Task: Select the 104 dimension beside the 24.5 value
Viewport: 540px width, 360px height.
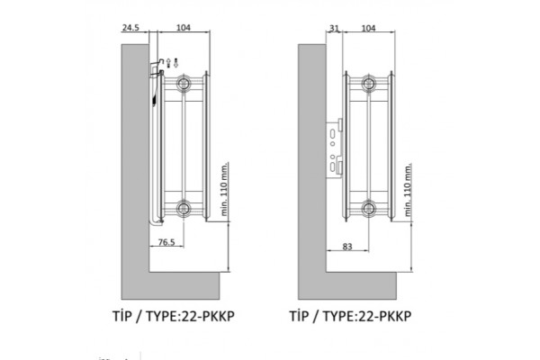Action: pyautogui.click(x=183, y=29)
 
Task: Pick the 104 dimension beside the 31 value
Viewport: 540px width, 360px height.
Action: pyautogui.click(x=367, y=29)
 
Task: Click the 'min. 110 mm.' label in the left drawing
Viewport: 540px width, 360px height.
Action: pyautogui.click(x=224, y=191)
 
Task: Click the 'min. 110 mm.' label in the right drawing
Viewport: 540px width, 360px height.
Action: pyautogui.click(x=409, y=191)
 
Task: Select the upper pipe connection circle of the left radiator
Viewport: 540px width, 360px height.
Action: pyautogui.click(x=184, y=83)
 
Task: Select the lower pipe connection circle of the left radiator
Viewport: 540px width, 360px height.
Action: pyautogui.click(x=184, y=209)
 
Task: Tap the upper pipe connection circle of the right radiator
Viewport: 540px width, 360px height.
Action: pyautogui.click(x=368, y=83)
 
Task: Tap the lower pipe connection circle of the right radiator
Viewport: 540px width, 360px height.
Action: pyautogui.click(x=368, y=209)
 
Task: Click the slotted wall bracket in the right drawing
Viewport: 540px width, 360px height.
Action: pyautogui.click(x=335, y=149)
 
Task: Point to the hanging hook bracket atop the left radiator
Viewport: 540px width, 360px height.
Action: pyautogui.click(x=156, y=65)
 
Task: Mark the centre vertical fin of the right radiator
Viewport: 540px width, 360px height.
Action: pyautogui.click(x=368, y=146)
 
